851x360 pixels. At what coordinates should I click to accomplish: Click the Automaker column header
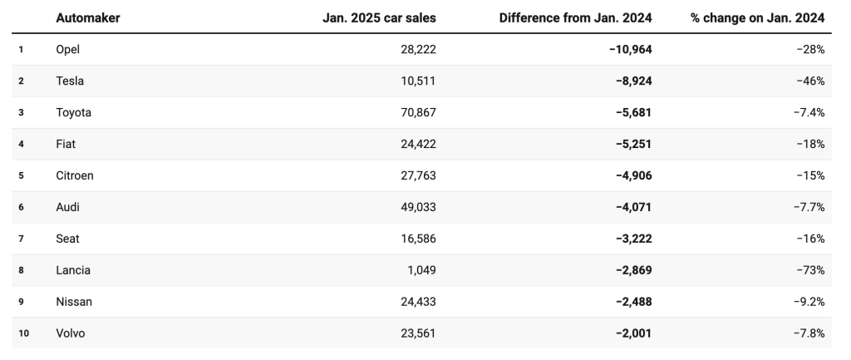[x=88, y=18]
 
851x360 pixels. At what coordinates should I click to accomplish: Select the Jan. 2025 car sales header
[x=379, y=18]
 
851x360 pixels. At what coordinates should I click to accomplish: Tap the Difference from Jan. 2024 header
[x=575, y=18]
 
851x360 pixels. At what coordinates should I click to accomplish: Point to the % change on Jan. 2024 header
[x=757, y=18]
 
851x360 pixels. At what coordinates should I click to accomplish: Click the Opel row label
[x=68, y=49]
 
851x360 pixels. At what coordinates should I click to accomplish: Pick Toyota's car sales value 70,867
[x=418, y=112]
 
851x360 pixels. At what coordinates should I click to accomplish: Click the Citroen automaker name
[x=74, y=175]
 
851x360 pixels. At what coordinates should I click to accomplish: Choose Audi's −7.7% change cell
[x=810, y=207]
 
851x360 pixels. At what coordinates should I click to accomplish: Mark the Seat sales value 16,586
[x=418, y=239]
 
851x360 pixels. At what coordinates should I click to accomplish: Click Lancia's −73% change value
[x=810, y=270]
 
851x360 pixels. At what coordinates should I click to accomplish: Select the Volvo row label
[x=71, y=333]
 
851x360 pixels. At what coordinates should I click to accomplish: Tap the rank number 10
[x=23, y=333]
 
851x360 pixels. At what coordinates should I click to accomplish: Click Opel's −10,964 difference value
[x=631, y=49]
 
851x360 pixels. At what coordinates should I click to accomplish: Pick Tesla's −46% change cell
[x=810, y=81]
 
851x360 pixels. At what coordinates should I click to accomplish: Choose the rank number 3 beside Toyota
[x=21, y=112]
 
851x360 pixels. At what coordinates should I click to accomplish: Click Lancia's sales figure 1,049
[x=421, y=270]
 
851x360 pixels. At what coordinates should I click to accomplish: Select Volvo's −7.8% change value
[x=810, y=333]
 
